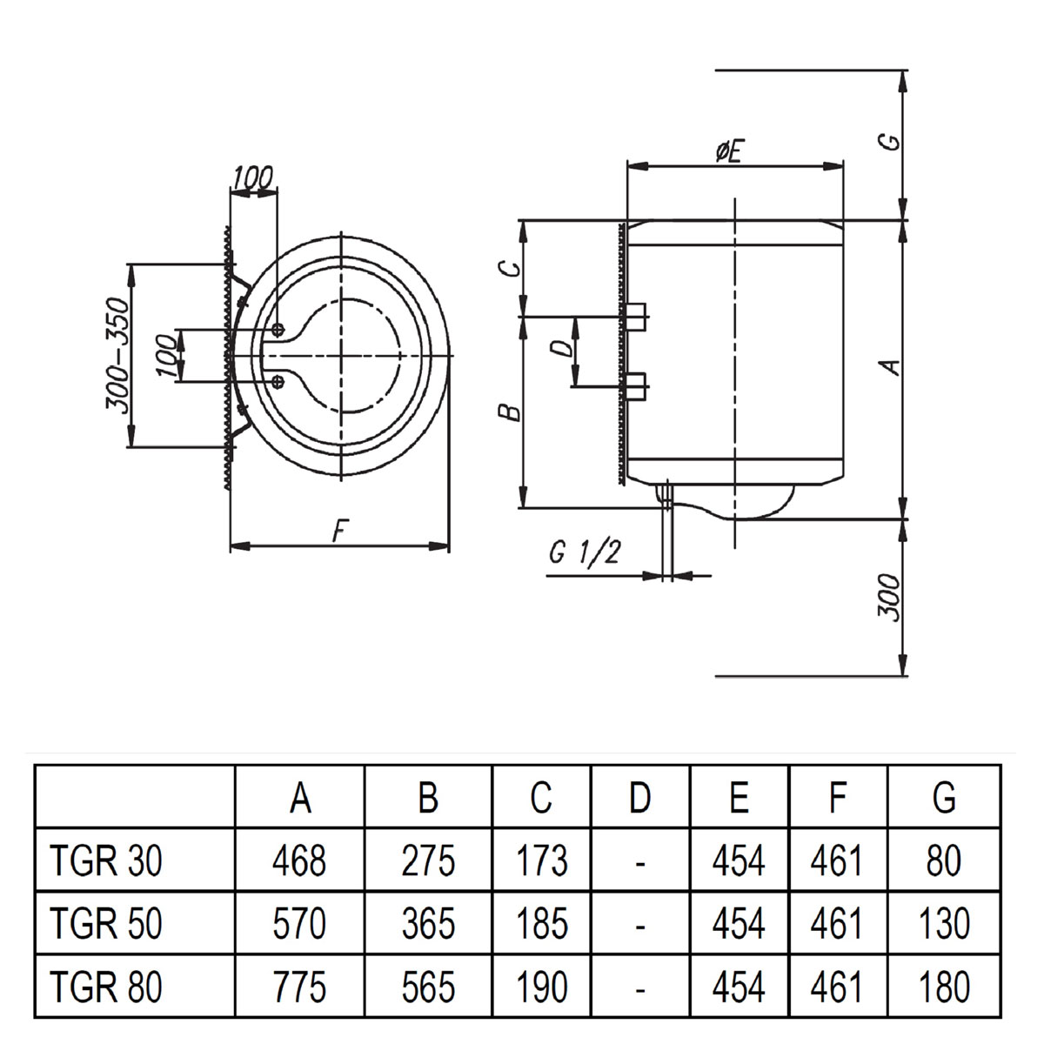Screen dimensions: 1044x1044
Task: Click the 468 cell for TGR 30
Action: (299, 861)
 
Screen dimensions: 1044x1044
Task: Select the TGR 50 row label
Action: (106, 924)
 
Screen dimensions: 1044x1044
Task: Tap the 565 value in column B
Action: (428, 987)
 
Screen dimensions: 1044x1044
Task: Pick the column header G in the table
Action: (943, 798)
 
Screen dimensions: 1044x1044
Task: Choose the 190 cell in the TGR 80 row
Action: (541, 987)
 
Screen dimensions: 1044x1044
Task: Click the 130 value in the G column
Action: (943, 924)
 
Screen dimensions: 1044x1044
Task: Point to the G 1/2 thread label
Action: (584, 552)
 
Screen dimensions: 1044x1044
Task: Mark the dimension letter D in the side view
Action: (563, 348)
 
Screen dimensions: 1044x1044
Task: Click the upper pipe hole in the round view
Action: (278, 329)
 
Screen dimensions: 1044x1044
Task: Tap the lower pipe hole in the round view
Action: (278, 381)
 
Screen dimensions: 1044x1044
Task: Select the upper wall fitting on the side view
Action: (636, 317)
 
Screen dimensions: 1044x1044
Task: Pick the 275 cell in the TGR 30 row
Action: (428, 861)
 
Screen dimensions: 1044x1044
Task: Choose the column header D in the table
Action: (639, 798)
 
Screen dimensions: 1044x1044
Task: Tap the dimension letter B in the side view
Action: (512, 411)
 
